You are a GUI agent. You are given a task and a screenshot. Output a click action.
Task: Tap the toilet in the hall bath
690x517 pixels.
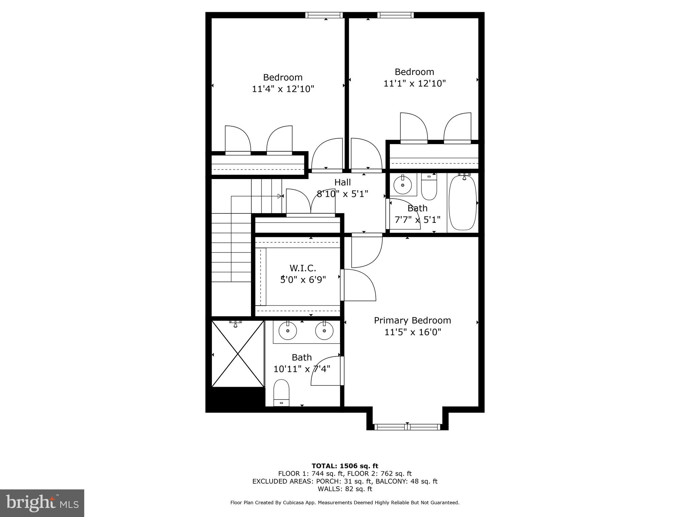click(429, 188)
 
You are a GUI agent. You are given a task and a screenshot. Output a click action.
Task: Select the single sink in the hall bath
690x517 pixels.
click(403, 185)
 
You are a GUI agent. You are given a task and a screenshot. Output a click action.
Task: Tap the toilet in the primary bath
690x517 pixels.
click(281, 392)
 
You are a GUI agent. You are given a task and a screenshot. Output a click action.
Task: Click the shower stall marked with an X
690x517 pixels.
click(238, 353)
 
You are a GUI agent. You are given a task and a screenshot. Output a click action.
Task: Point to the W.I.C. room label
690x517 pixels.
click(303, 268)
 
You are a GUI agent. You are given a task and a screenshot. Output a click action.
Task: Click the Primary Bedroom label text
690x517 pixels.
click(412, 320)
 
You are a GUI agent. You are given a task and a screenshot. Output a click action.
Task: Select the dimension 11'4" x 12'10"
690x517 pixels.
click(283, 89)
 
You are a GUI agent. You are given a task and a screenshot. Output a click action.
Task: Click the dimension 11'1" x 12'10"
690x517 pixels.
click(414, 83)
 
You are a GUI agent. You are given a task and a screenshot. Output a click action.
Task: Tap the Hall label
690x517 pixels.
click(342, 182)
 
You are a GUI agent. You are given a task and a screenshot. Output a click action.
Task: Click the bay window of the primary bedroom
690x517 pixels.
click(407, 427)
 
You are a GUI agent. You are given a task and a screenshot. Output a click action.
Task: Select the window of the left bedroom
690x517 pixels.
click(324, 15)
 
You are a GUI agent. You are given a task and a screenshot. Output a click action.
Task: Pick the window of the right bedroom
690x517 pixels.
click(396, 15)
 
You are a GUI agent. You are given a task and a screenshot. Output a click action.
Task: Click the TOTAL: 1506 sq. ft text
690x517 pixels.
click(345, 466)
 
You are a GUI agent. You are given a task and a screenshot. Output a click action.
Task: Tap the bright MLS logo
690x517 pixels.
click(42, 503)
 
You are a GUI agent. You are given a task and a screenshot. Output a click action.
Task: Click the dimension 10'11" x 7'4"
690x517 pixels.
click(302, 369)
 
